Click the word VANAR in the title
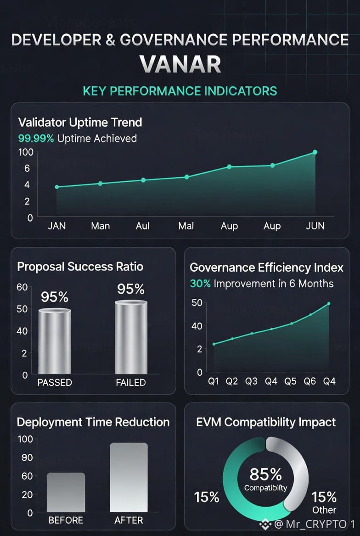[180, 64]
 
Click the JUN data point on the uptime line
[315, 152]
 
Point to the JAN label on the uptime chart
[57, 226]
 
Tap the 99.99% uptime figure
[36, 138]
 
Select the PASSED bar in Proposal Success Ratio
[55, 341]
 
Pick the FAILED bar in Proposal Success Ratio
[131, 337]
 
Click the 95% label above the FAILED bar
[131, 289]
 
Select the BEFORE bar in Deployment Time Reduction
[66, 492]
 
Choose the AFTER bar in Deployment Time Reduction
[129, 477]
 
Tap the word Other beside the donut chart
[325, 510]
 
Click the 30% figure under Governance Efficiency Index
[200, 284]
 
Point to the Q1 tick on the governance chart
[214, 382]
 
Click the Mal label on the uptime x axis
[186, 226]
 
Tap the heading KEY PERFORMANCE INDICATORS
[180, 90]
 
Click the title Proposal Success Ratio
[80, 267]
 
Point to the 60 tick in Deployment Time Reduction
[27, 476]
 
